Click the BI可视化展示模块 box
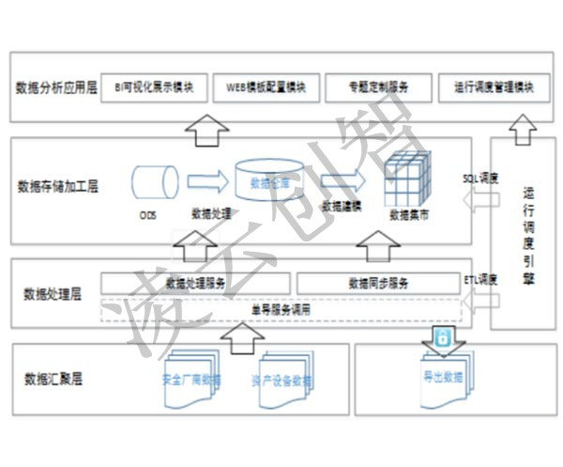(x=154, y=88)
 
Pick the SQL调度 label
(x=481, y=177)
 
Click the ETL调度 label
(x=481, y=279)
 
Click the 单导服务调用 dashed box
(x=281, y=308)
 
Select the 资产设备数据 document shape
(x=281, y=381)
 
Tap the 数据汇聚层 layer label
(x=54, y=381)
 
